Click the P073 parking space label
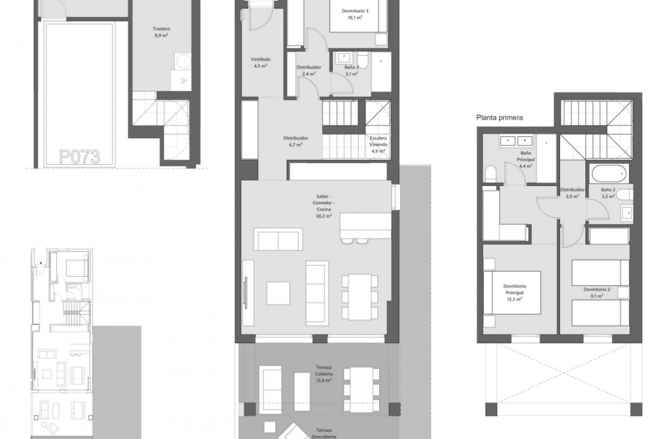pos(80,157)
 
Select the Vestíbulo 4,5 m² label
pos(260,63)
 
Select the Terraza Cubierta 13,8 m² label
pos(324,374)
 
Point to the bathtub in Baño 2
pos(609,174)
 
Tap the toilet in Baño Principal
pos(491,174)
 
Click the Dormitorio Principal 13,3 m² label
pos(514,293)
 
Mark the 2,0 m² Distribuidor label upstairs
pos(572,193)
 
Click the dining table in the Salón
pos(360,296)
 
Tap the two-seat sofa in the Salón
pos(278,239)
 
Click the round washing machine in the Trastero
pos(183,61)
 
